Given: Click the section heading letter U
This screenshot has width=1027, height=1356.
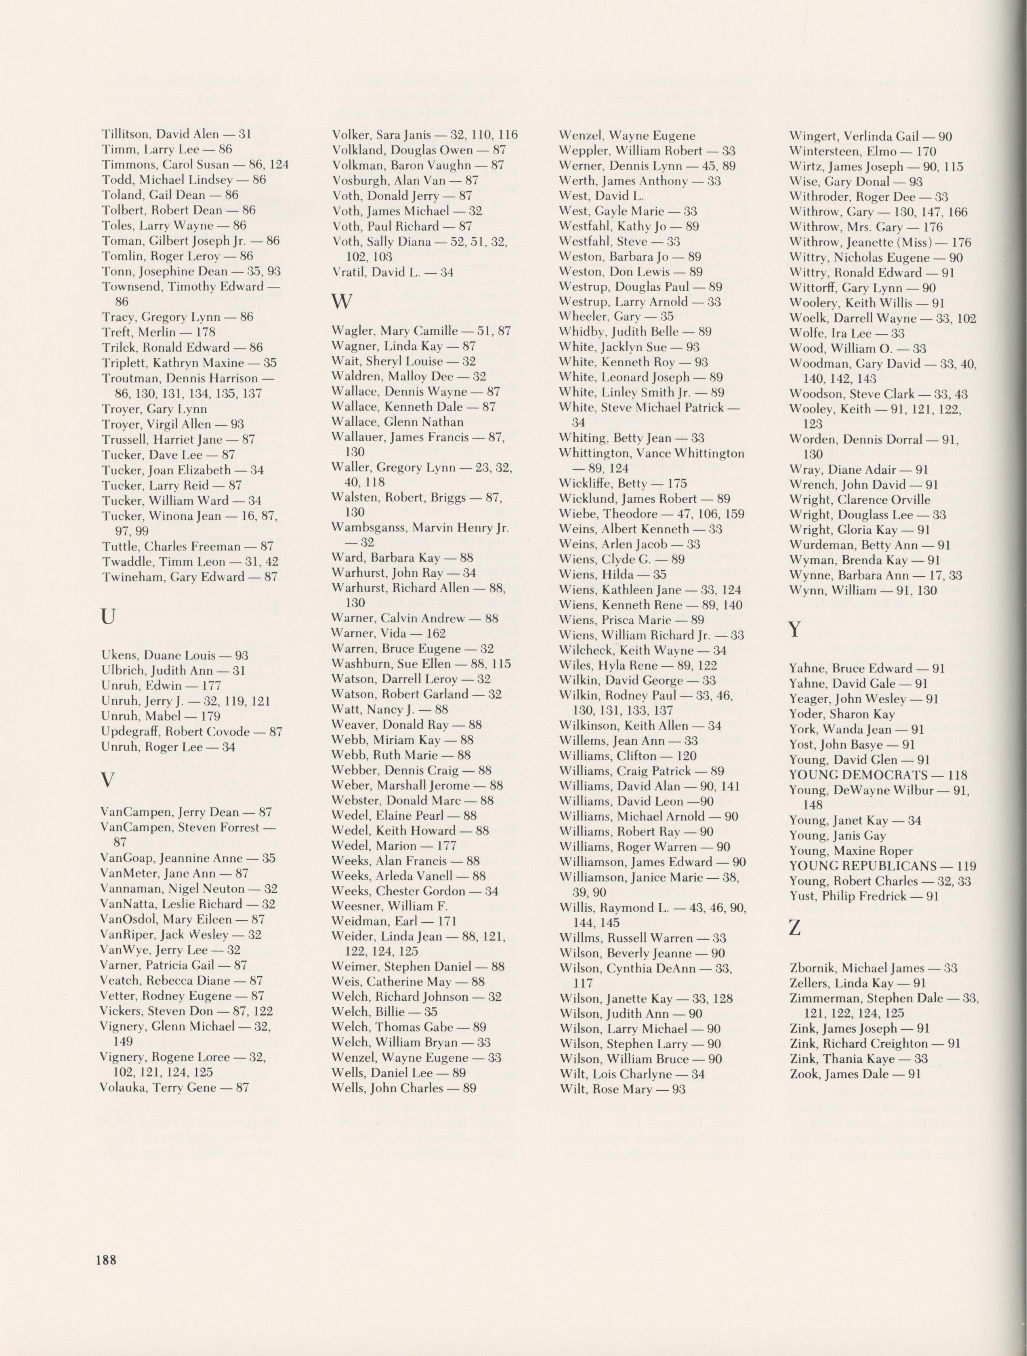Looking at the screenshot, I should tap(108, 618).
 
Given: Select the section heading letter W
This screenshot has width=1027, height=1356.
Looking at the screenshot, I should tap(342, 301).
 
